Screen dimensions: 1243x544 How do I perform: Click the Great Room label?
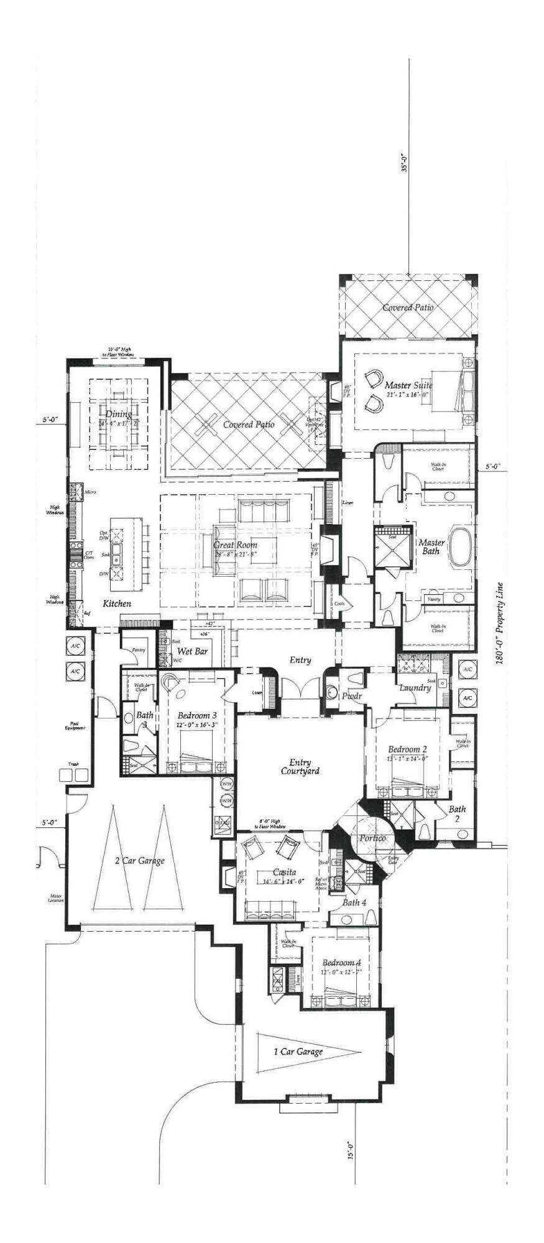point(235,545)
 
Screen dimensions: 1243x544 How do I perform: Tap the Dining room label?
point(118,415)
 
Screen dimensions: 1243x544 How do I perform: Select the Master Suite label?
point(408,385)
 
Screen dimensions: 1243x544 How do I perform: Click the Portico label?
point(372,838)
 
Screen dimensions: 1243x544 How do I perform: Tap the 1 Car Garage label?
point(298,1052)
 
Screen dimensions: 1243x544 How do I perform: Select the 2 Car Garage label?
point(139,861)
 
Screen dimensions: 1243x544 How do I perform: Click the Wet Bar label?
point(192,651)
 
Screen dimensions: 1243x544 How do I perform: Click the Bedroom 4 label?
point(341,963)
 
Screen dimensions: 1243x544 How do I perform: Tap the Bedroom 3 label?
point(196,715)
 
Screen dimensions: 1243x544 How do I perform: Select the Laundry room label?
point(415,688)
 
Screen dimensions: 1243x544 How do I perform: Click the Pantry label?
point(137,649)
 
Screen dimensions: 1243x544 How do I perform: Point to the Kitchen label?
point(117,603)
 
